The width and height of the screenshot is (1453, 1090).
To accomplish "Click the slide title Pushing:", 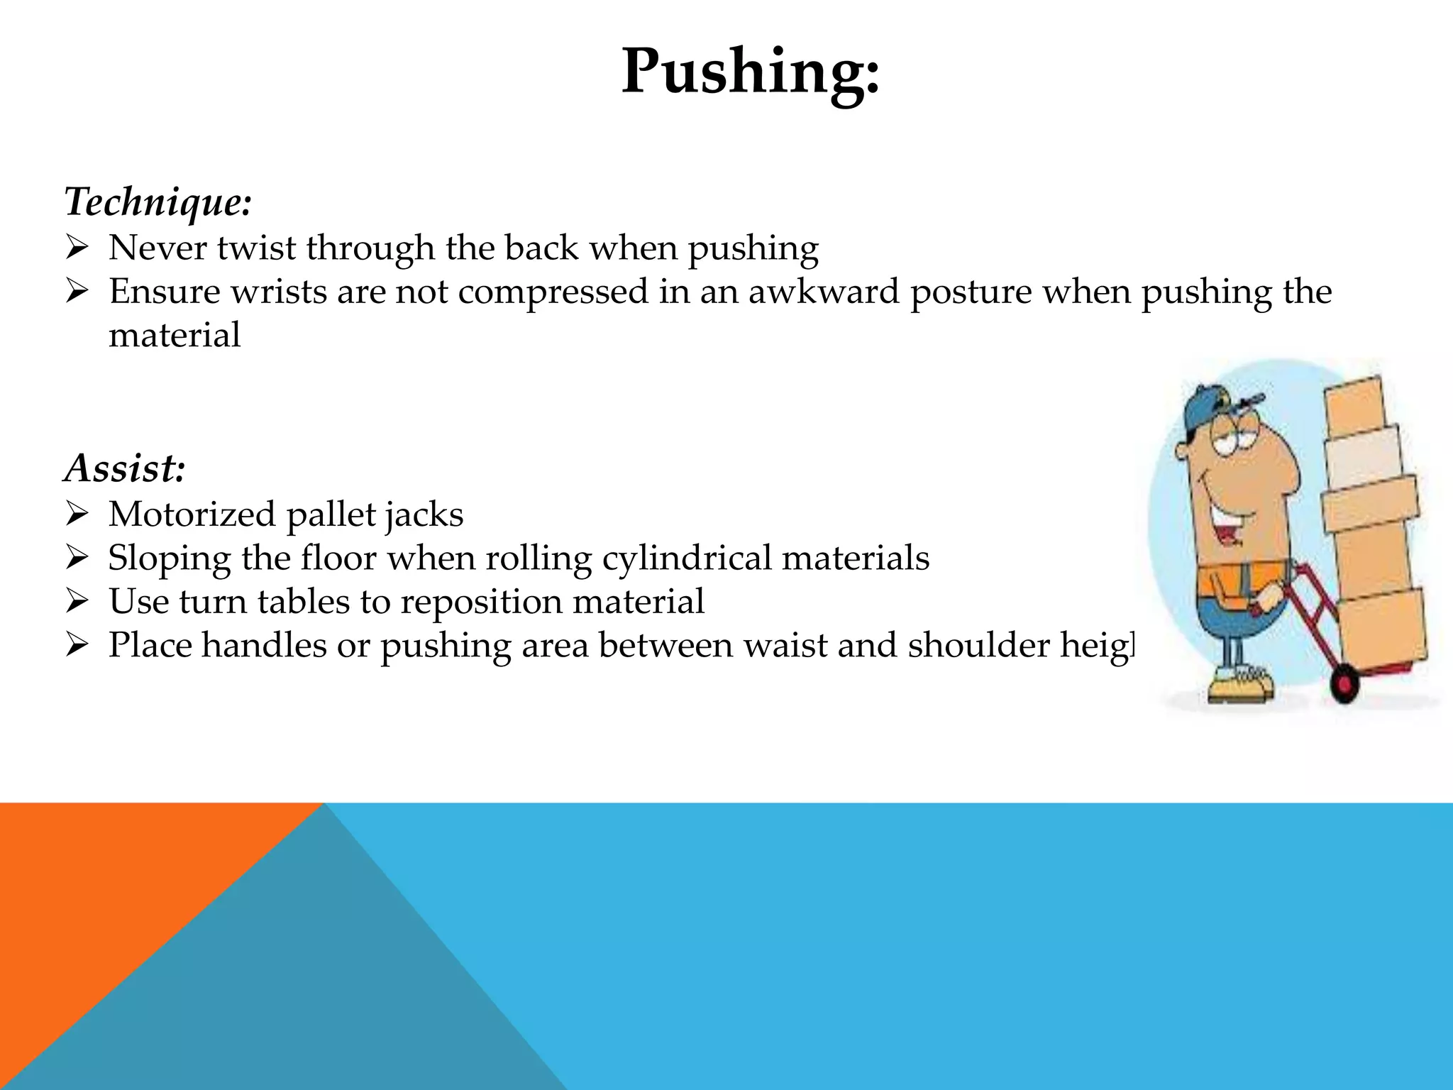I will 750,71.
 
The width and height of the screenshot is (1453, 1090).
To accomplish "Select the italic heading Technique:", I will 158,202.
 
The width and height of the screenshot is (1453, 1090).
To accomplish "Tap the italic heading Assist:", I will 125,468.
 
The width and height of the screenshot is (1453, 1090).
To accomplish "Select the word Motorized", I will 192,514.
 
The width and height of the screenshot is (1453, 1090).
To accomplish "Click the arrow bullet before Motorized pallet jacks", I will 76,514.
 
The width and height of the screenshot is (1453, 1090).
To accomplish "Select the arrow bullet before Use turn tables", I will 76,602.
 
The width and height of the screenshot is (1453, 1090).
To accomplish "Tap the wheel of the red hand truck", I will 1343,684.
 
